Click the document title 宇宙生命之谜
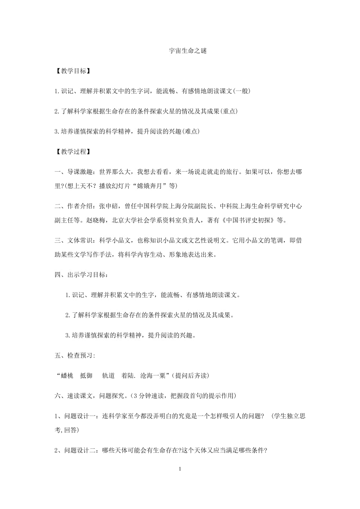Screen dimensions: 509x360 pos(180,51)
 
